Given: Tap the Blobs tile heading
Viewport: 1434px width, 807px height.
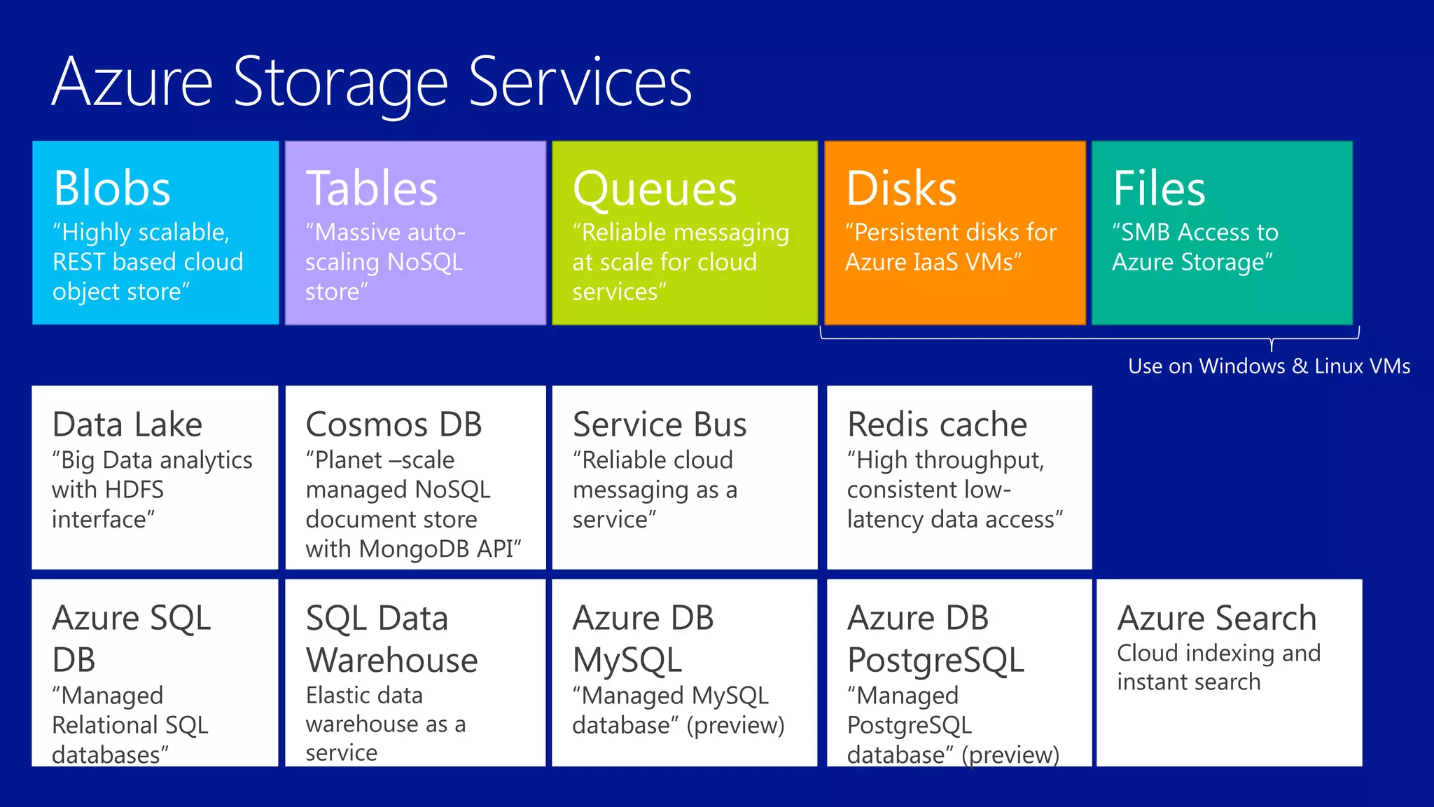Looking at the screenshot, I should click(x=112, y=188).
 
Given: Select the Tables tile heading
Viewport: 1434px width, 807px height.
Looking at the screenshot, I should click(x=372, y=188).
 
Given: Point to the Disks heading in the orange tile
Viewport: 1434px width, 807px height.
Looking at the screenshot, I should click(x=901, y=188).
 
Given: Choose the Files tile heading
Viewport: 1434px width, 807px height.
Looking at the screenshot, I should click(x=1159, y=188).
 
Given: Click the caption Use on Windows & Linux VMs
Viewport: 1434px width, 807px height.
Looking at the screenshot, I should click(x=1269, y=366).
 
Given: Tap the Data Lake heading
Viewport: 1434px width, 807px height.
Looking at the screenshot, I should click(x=127, y=425).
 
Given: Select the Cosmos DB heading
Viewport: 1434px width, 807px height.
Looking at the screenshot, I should click(x=394, y=425).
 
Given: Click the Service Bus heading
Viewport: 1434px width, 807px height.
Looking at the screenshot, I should click(x=660, y=425).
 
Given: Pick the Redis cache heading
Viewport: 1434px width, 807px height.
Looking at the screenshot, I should click(x=937, y=425).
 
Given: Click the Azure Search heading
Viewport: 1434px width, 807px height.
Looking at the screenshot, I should click(x=1216, y=618).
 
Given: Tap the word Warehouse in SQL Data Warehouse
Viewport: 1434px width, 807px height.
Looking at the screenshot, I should click(x=392, y=660).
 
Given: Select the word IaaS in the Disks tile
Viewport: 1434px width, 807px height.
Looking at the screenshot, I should click(x=935, y=262).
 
